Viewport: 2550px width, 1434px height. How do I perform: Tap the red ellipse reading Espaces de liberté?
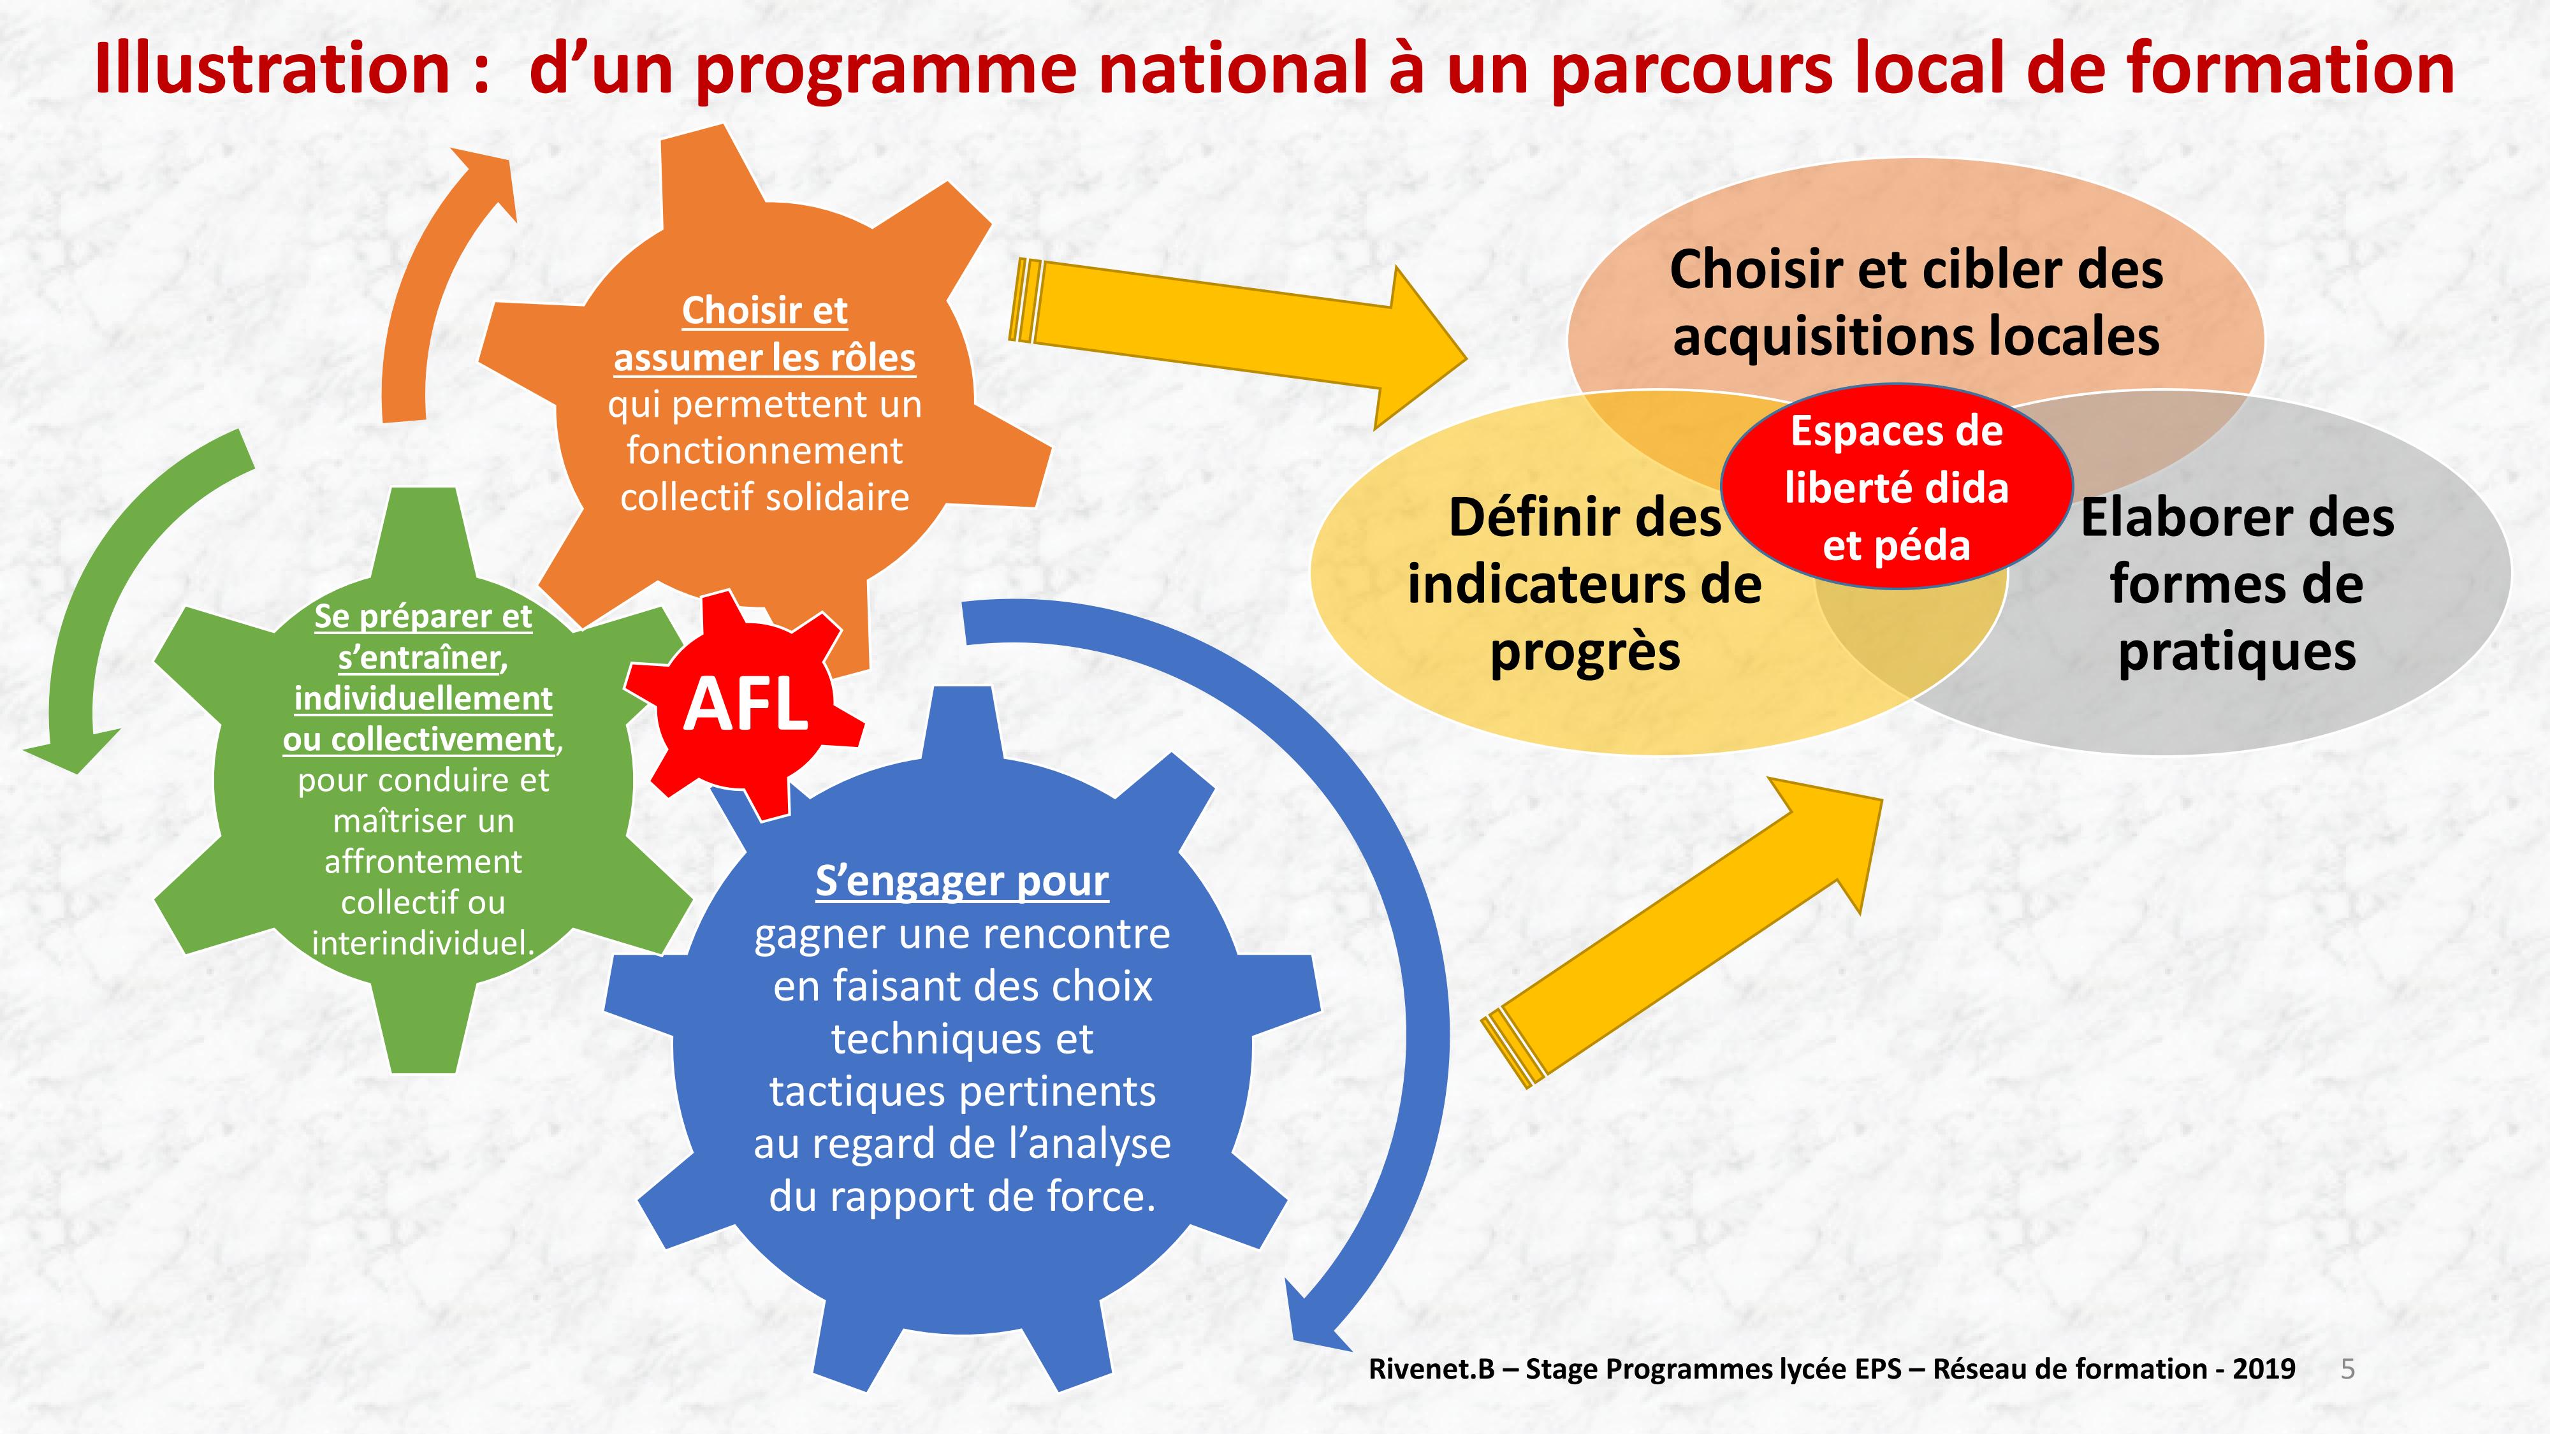point(1897,487)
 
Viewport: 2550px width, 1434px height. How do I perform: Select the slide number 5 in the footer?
point(2347,1369)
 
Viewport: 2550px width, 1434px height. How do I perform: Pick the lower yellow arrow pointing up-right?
point(1683,931)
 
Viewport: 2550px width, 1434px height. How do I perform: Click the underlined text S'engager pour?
point(961,881)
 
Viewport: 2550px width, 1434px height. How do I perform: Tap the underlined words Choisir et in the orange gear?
point(764,311)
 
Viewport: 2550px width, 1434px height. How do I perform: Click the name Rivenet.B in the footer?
point(1431,1369)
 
